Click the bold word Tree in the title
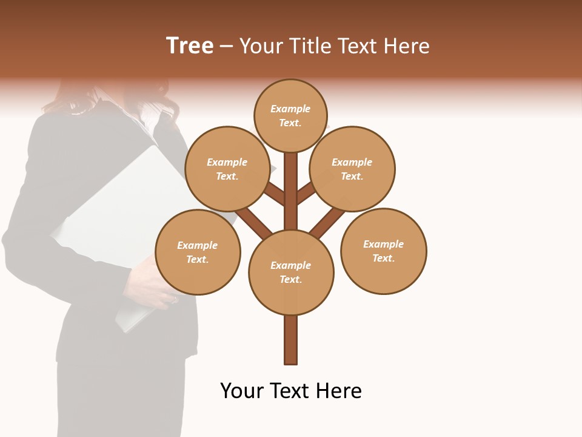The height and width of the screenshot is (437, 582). click(190, 46)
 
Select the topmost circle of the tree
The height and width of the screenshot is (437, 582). click(290, 115)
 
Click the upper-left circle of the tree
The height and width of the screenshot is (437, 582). click(227, 169)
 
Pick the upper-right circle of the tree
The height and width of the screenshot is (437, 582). click(352, 169)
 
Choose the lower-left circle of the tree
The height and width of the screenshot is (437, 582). click(198, 252)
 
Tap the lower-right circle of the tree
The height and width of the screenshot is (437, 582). click(384, 251)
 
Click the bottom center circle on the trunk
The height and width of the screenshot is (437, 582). click(291, 272)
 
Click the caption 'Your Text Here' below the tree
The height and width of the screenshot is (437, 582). click(291, 390)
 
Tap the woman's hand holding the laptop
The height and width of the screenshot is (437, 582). click(149, 285)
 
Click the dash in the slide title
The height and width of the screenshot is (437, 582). click(226, 46)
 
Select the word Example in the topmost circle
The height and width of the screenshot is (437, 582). click(290, 109)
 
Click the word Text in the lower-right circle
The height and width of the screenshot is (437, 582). click(383, 258)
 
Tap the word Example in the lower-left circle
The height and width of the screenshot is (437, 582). click(197, 245)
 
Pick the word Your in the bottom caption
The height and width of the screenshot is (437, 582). click(242, 390)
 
